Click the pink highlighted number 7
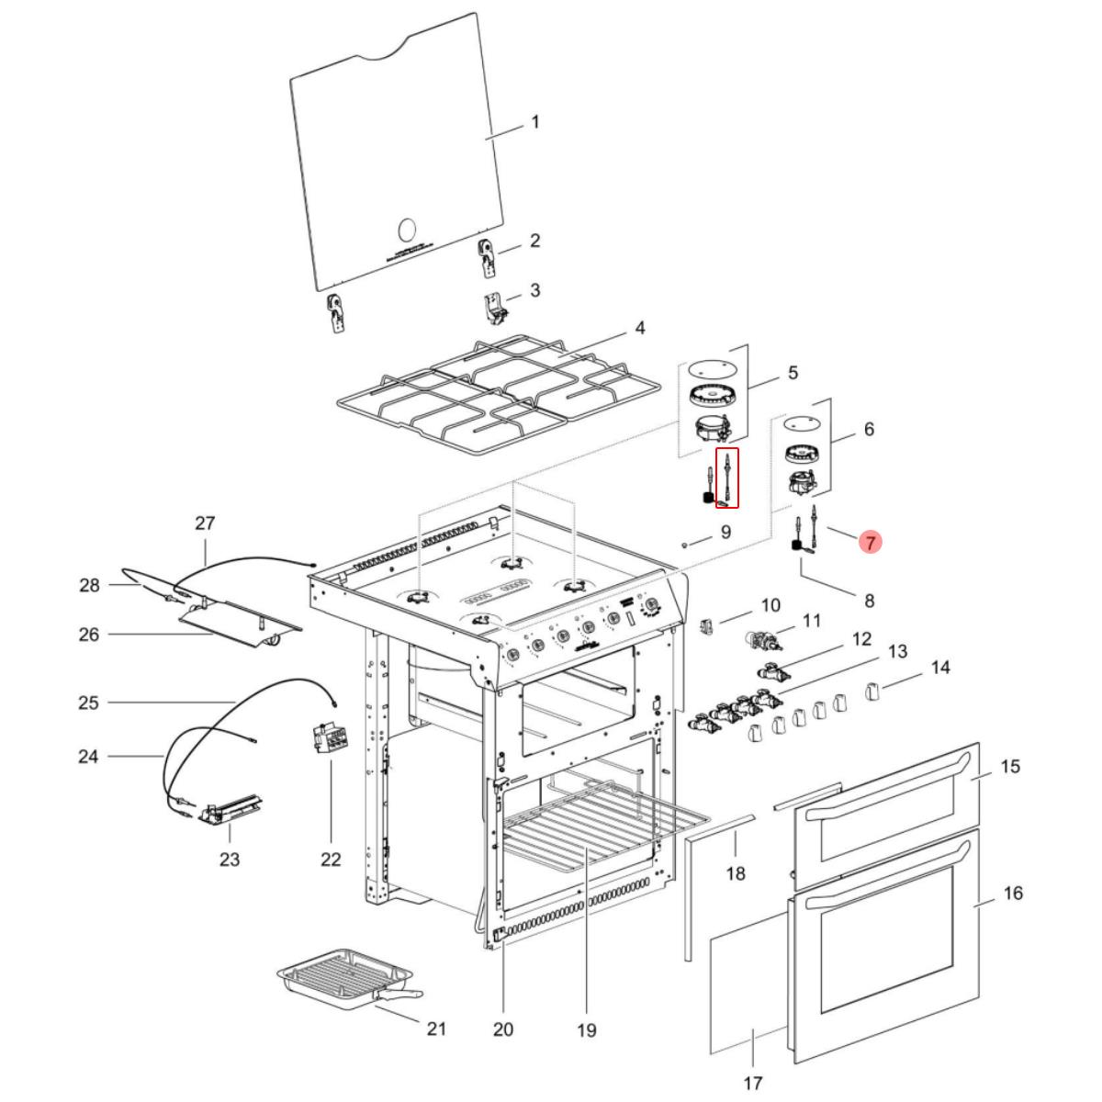pos(870,542)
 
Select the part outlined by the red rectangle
pos(727,476)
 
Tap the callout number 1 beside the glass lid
pos(535,122)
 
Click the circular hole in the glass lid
pos(405,230)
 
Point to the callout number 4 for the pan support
pos(639,328)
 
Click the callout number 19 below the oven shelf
pos(586,1030)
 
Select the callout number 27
pos(204,523)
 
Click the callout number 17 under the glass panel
pos(753,1084)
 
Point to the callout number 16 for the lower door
pos(1012,893)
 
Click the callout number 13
pos(897,651)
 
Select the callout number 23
pos(229,859)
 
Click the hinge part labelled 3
pos(497,309)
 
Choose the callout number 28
pos(88,584)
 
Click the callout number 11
pos(811,621)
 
